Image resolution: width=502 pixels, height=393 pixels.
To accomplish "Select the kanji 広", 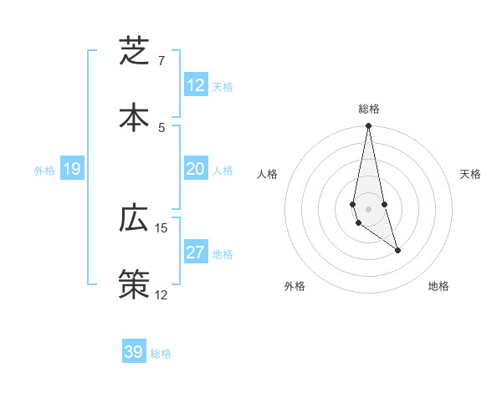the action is tap(134, 218).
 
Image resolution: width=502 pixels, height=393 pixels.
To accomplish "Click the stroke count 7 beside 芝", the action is tap(161, 61).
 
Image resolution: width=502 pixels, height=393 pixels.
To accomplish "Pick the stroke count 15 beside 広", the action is tap(161, 227).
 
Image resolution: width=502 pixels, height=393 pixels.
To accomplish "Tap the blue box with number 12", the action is tap(196, 85).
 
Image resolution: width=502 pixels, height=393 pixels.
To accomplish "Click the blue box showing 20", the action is tap(196, 169).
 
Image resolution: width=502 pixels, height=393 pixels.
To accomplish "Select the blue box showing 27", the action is tap(196, 253).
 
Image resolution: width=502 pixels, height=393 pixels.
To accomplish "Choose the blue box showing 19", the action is tap(72, 169).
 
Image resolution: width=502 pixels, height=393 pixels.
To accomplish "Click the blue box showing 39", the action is tap(134, 352).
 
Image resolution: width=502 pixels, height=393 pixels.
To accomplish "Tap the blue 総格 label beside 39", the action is tap(161, 354).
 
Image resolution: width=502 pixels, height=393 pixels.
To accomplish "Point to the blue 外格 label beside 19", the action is tap(44, 171).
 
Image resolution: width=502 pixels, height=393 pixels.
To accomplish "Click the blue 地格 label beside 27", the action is tap(223, 254).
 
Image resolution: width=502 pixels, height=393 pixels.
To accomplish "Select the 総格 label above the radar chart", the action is tap(368, 109).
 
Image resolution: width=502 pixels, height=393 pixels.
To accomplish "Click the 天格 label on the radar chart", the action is tap(471, 174).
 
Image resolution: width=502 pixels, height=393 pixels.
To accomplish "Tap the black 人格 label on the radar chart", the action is tap(267, 174).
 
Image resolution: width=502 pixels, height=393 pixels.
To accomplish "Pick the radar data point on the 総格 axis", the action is tap(368, 126).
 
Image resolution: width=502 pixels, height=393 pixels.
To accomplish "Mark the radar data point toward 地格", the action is tap(397, 250).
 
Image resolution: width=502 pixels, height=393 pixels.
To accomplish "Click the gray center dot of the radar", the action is tap(368, 208).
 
